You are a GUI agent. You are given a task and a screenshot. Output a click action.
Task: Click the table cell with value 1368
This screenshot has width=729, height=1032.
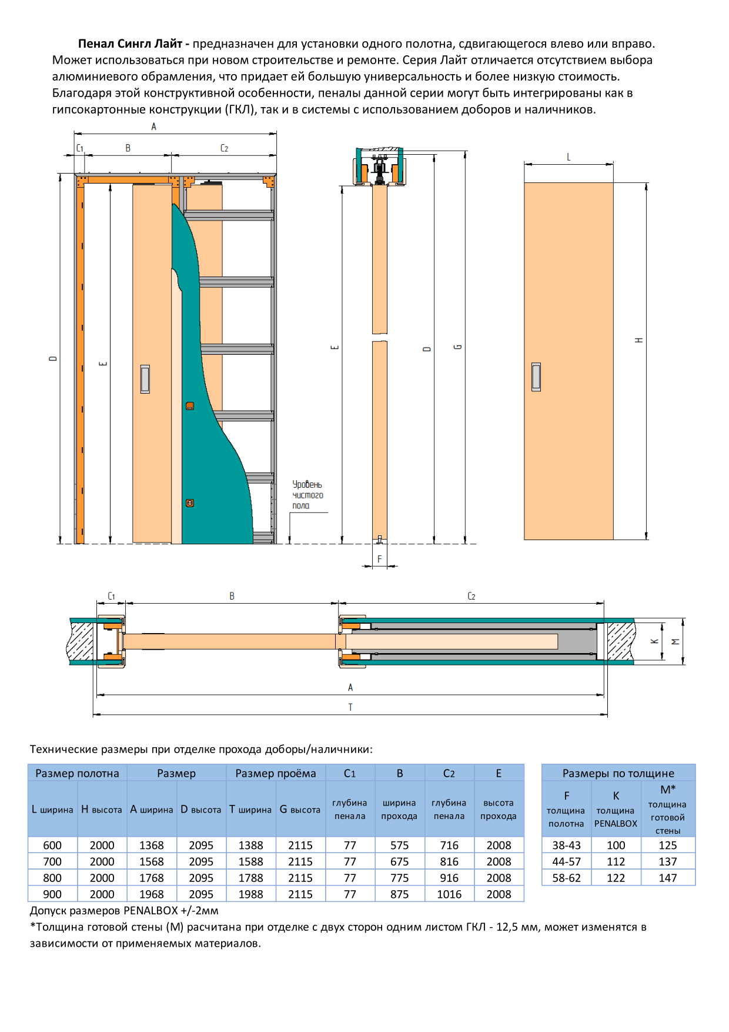click(x=152, y=845)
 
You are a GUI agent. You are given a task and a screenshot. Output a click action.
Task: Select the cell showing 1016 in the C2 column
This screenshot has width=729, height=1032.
click(x=449, y=894)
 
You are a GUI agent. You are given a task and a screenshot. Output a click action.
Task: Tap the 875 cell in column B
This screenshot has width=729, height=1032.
click(x=400, y=894)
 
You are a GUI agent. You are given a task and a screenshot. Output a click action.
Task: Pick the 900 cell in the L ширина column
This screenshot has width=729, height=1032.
click(x=52, y=894)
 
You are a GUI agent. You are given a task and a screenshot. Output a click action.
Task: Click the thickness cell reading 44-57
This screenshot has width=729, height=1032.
click(x=566, y=861)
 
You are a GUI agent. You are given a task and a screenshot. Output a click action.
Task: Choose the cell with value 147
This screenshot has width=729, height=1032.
click(x=668, y=878)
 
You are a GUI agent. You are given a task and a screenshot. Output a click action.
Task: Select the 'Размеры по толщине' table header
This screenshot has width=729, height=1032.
click(x=618, y=773)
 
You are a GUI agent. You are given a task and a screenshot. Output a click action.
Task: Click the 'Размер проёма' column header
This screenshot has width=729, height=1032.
click(x=276, y=773)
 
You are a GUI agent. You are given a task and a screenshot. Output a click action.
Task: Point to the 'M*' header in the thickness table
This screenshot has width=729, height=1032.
click(x=668, y=790)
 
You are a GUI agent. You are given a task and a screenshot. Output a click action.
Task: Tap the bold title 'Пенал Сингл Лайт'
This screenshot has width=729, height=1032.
click(x=130, y=44)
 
